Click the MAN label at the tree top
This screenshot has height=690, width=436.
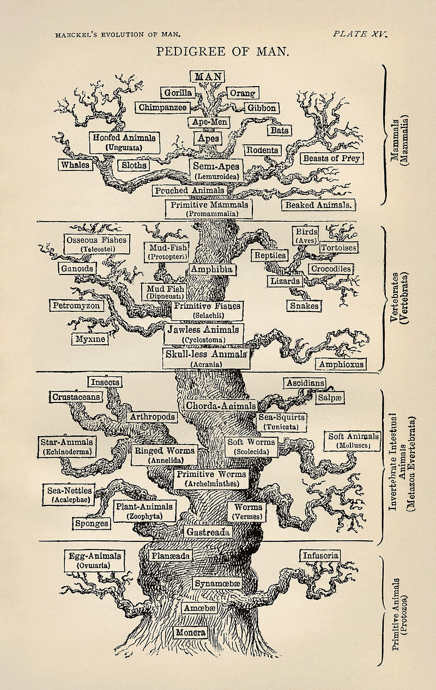click(x=207, y=76)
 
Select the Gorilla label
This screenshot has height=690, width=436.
click(x=178, y=93)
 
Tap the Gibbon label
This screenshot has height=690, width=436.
click(x=262, y=108)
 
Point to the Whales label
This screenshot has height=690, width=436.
click(x=75, y=164)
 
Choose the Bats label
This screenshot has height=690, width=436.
click(x=279, y=131)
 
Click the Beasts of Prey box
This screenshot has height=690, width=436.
click(x=331, y=158)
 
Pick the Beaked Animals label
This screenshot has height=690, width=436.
click(x=319, y=205)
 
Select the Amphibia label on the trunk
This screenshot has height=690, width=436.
click(x=211, y=269)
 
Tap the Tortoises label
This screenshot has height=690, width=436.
click(x=338, y=248)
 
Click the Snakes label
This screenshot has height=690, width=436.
click(x=304, y=306)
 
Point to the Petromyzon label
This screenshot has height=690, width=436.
click(x=76, y=306)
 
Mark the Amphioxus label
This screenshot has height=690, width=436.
click(x=341, y=364)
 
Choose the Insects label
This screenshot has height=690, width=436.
click(x=105, y=382)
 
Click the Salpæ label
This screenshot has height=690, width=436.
click(x=330, y=398)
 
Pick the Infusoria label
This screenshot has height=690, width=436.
click(x=320, y=555)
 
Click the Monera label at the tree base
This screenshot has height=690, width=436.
click(x=191, y=632)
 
